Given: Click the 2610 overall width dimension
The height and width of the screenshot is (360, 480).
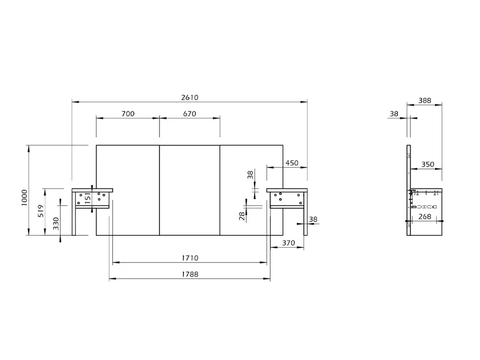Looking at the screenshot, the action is coord(190,97).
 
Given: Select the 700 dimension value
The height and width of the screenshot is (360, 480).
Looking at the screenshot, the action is coord(128,114).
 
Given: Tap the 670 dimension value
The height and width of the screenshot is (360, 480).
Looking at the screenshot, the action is coord(190,114).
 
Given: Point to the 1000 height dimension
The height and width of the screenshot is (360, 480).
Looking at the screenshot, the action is coord(24,197).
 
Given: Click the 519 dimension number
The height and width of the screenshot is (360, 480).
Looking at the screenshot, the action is coord(41,211).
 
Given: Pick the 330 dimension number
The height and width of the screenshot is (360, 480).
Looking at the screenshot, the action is coord(56,224).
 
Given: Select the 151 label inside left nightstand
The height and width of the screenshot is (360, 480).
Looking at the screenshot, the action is coord(88,198).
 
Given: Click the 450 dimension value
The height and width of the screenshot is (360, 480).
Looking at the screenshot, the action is coord(292,163).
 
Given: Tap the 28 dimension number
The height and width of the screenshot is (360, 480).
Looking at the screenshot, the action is coord(242,216).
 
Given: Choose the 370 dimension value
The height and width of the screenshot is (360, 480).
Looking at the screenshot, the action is coord(288,243).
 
